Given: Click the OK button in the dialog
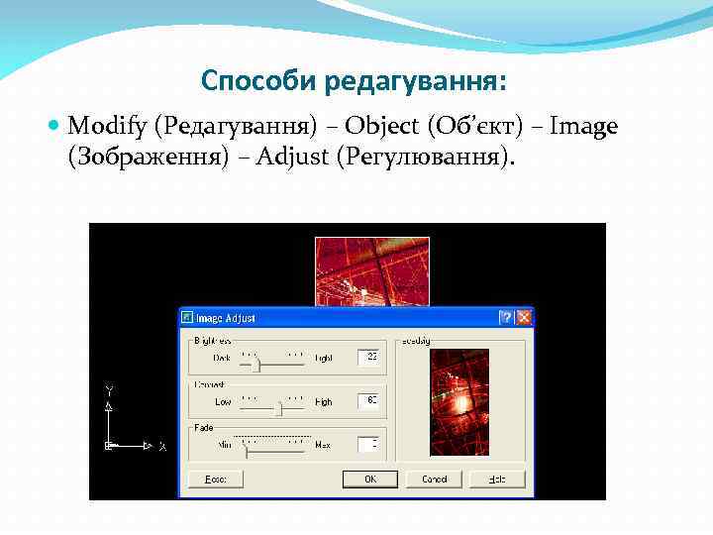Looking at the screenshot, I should [x=370, y=480].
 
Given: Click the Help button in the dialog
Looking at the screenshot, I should [x=497, y=480].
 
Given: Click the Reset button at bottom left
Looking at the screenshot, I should [x=216, y=480].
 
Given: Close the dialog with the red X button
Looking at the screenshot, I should [x=524, y=318].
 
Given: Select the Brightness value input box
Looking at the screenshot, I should [x=367, y=357].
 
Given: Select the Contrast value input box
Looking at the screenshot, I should [x=367, y=401].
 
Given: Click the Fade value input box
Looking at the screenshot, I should [x=367, y=445].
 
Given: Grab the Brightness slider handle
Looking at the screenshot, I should [x=256, y=365].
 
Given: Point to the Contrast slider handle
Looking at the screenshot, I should [x=278, y=408].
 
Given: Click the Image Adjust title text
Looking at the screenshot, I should [x=225, y=318].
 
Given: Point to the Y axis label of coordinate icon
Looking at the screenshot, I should [x=110, y=388].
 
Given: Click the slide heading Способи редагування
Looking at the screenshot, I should [x=359, y=78].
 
